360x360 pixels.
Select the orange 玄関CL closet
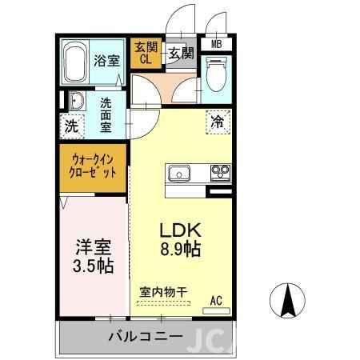tap(146, 54)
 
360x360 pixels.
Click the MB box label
tap(217, 44)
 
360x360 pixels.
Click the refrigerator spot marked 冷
tap(218, 122)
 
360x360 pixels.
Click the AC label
tap(216, 300)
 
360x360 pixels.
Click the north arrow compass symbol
tap(288, 302)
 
